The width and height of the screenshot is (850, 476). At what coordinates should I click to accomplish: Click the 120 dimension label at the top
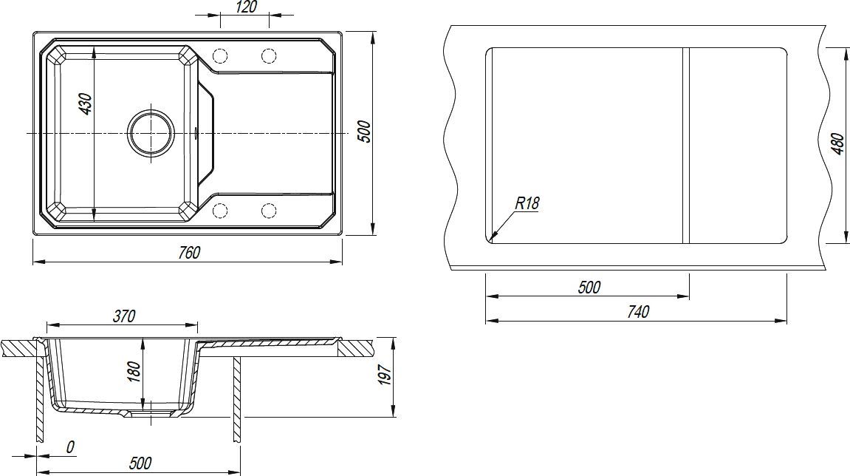tap(247, 7)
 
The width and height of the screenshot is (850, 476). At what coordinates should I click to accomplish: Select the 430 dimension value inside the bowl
tap(86, 104)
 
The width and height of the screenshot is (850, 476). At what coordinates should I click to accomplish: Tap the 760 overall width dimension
tap(188, 252)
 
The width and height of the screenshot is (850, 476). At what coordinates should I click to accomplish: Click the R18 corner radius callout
tap(527, 203)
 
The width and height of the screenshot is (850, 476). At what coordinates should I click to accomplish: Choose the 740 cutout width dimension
tap(638, 312)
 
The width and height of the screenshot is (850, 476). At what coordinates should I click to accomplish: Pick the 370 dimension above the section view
tap(123, 316)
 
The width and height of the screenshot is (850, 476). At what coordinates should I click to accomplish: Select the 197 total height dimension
tap(384, 375)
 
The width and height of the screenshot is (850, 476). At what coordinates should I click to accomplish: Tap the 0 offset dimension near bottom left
tap(70, 447)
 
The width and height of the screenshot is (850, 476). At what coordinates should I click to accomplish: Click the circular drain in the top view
tap(152, 133)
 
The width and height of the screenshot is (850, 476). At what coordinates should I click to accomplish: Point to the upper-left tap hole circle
tap(220, 56)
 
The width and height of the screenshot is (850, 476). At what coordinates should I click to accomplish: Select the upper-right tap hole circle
tap(269, 56)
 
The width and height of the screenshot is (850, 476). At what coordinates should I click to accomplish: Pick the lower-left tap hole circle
tap(220, 211)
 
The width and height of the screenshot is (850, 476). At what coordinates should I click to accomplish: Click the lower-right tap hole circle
tap(269, 211)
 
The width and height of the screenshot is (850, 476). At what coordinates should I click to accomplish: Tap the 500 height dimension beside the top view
tap(366, 132)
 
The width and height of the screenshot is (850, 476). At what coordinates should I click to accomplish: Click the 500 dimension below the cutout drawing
tap(589, 287)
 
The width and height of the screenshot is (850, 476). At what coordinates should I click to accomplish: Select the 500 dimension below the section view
tap(140, 463)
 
